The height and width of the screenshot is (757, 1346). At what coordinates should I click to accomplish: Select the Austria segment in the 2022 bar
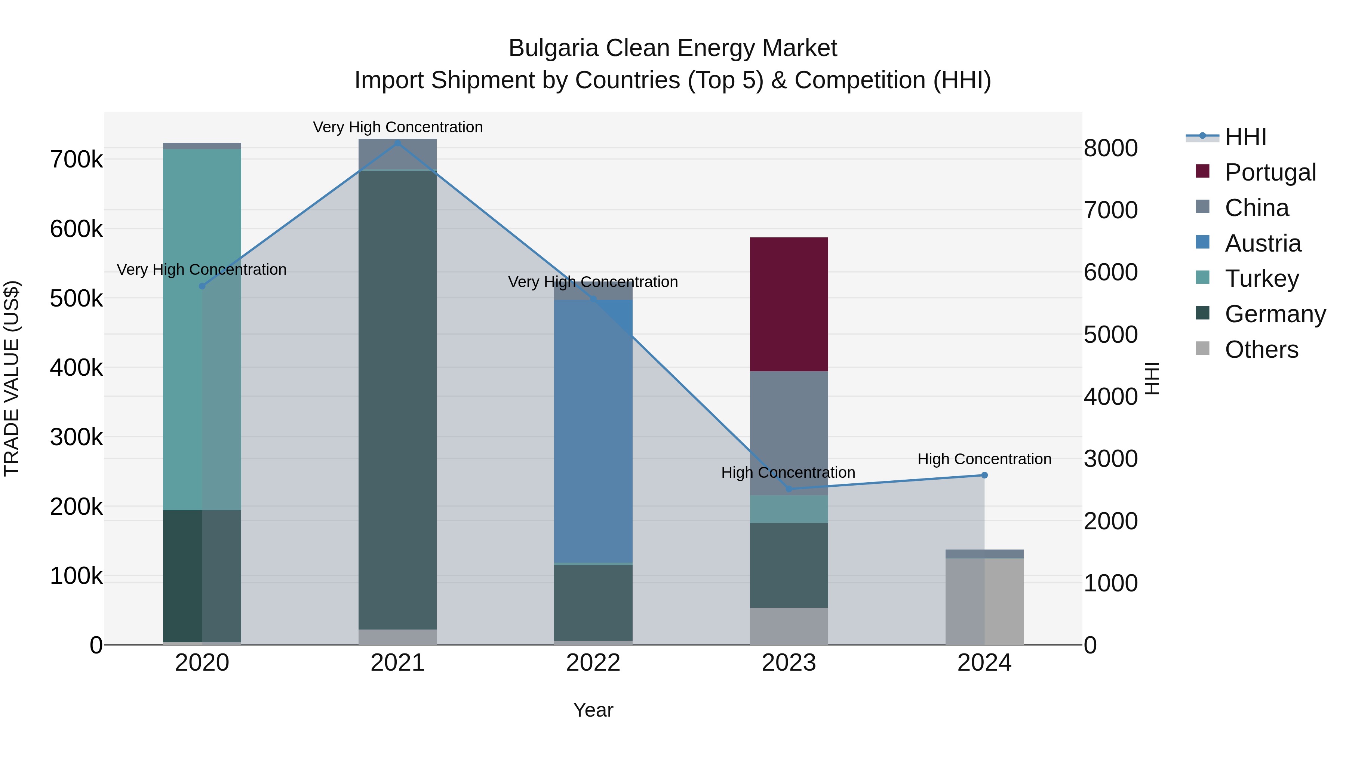[x=593, y=431]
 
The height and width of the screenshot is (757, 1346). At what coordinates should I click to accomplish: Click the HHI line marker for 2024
[x=984, y=475]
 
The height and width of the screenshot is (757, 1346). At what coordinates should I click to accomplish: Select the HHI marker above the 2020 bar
[x=202, y=286]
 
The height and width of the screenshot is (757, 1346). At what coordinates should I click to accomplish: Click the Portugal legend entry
[x=1270, y=172]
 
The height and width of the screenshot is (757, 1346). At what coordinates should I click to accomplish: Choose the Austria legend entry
[x=1262, y=243]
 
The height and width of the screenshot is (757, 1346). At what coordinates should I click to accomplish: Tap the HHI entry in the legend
[x=1245, y=137]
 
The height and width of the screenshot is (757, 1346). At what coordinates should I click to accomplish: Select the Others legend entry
[x=1261, y=350]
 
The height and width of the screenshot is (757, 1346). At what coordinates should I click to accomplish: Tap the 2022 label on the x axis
[x=593, y=663]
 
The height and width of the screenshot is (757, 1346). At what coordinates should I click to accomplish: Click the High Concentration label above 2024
[x=984, y=459]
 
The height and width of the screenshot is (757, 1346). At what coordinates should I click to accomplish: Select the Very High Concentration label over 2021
[x=398, y=127]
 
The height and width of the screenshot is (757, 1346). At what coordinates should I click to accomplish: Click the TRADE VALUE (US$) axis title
[x=12, y=378]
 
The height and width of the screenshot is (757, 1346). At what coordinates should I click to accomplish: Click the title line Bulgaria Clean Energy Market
[x=673, y=48]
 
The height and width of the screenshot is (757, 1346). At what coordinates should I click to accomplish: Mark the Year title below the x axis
[x=593, y=710]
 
